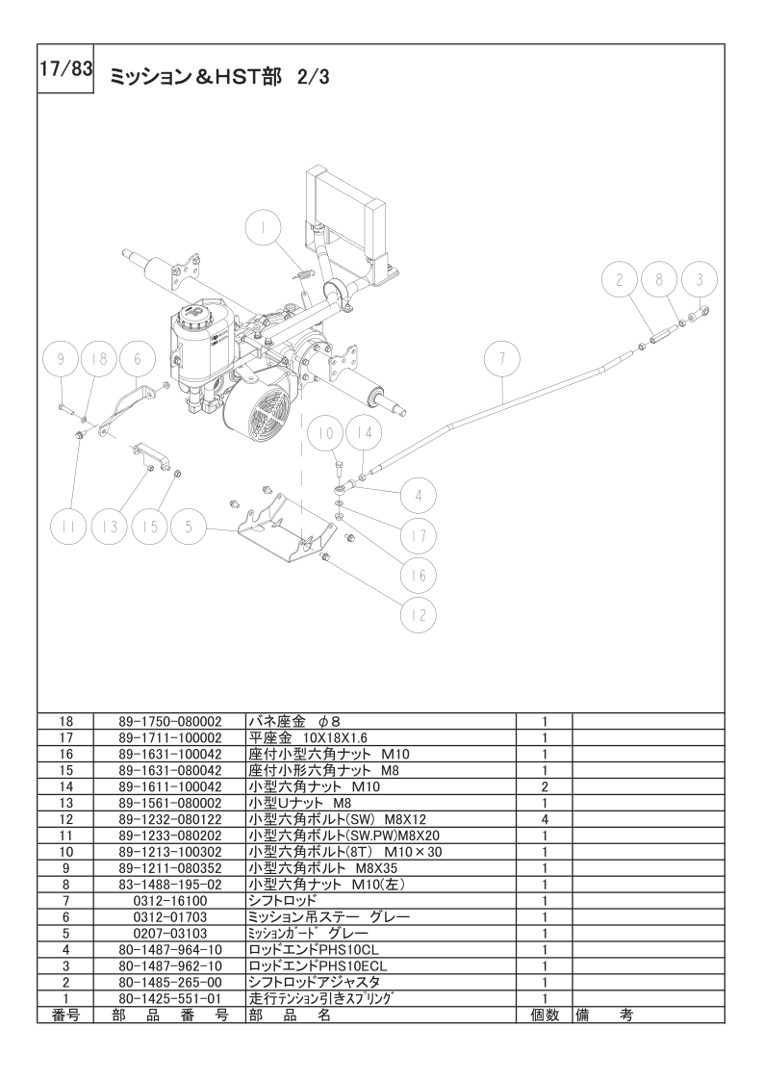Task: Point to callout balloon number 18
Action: pyautogui.click(x=94, y=359)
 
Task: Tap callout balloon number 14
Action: pyautogui.click(x=363, y=433)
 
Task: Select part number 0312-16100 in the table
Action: pyautogui.click(x=169, y=900)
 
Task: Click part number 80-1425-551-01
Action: pyautogui.click(x=169, y=999)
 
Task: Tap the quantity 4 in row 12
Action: pyautogui.click(x=545, y=818)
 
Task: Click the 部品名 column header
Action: pyautogui.click(x=289, y=1016)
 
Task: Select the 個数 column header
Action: pyautogui.click(x=545, y=1016)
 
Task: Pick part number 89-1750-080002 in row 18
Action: pyautogui.click(x=169, y=719)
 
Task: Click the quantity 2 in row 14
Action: pyautogui.click(x=545, y=785)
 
